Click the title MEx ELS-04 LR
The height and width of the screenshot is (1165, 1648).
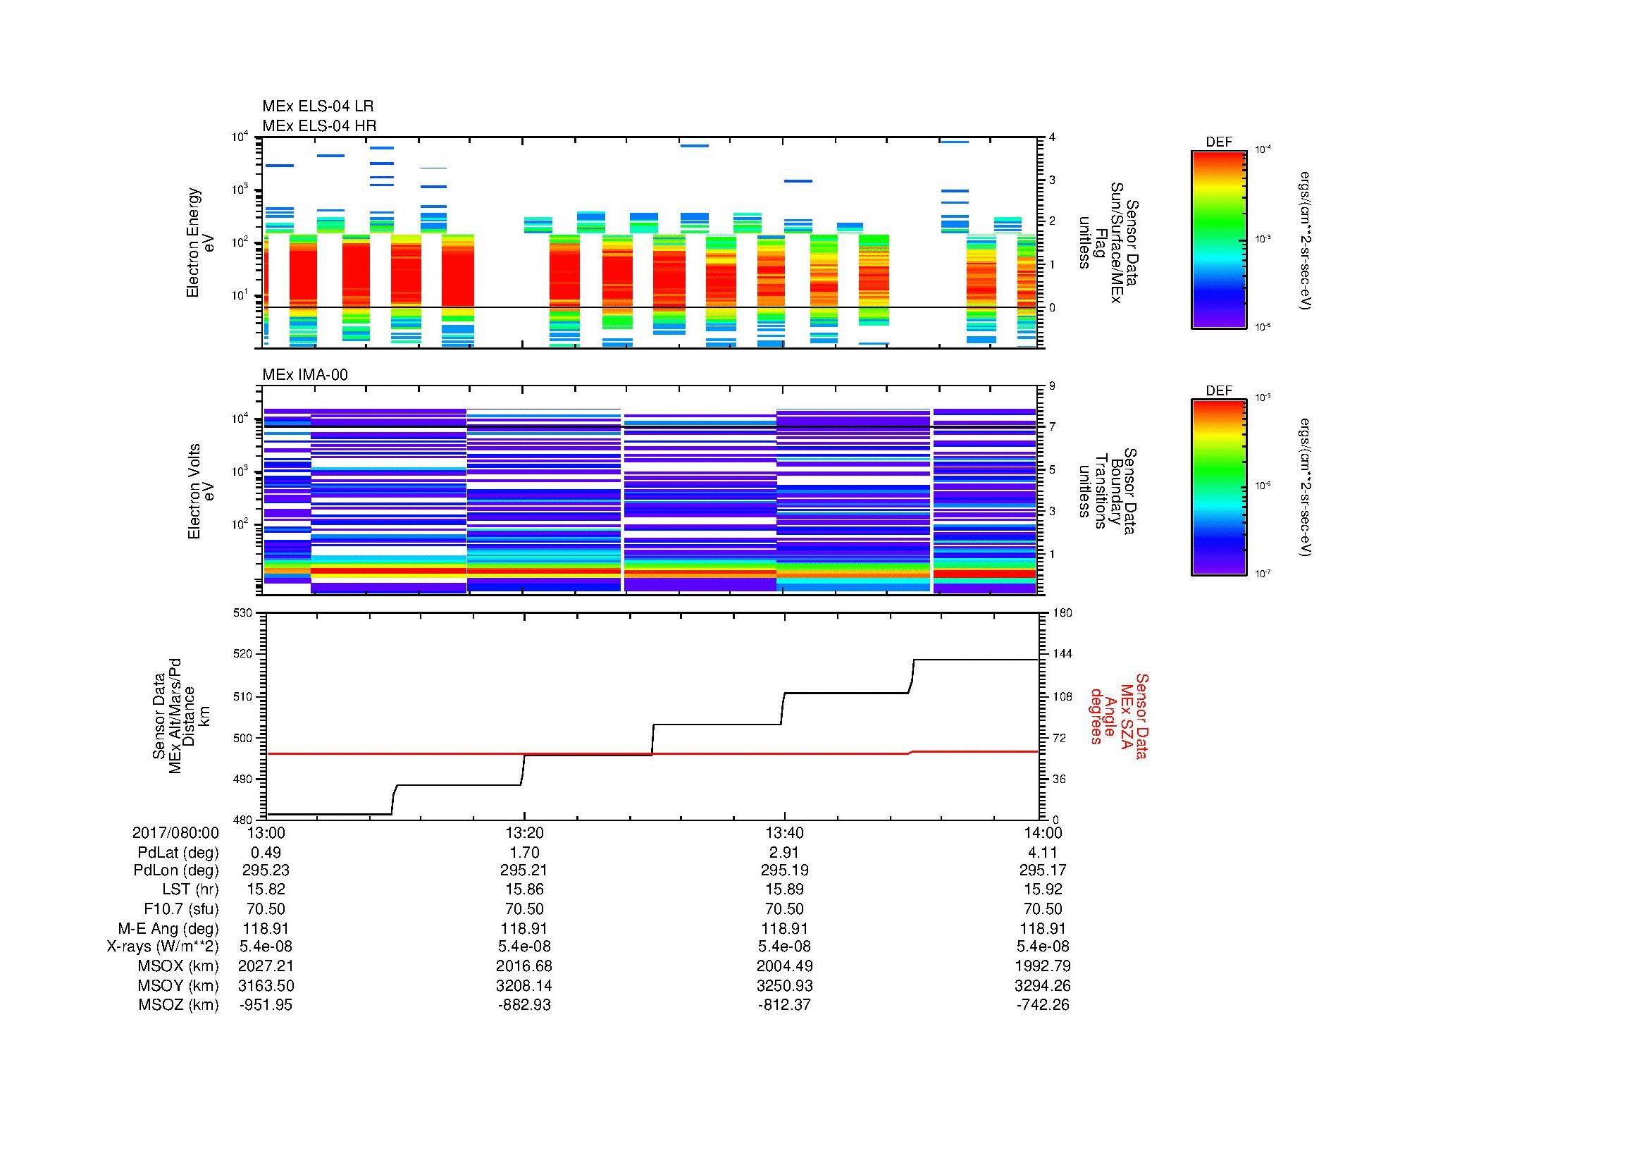click(x=317, y=106)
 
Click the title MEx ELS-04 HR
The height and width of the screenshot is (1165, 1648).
click(x=318, y=125)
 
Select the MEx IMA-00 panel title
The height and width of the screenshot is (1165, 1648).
click(x=304, y=375)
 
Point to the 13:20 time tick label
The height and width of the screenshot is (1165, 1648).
click(x=524, y=832)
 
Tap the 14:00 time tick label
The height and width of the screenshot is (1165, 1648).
click(x=1042, y=832)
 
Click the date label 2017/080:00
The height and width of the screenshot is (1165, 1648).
click(x=175, y=832)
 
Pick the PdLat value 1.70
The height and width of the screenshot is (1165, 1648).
click(x=524, y=853)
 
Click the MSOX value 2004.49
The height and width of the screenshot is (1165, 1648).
click(x=783, y=966)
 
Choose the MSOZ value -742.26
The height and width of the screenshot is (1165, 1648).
click(x=1042, y=1005)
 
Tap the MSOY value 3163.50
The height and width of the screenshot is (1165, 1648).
click(x=266, y=985)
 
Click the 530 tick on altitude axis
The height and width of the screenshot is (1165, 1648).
click(x=243, y=613)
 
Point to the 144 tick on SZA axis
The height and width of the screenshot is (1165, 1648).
click(x=1062, y=654)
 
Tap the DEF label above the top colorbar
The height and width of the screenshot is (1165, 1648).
click(x=1218, y=142)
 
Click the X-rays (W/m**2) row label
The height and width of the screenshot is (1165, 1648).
click(x=162, y=947)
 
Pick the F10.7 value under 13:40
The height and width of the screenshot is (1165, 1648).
click(x=783, y=908)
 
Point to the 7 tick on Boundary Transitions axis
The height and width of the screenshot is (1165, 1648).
click(x=1052, y=427)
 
